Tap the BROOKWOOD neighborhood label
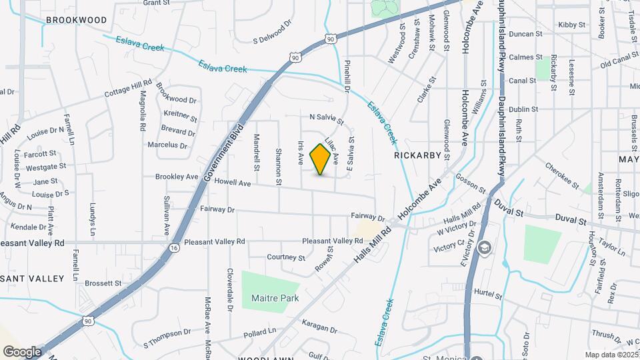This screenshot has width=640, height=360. (x=75, y=20)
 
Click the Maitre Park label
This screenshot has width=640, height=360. (x=275, y=298)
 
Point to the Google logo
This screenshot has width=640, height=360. (x=21, y=351)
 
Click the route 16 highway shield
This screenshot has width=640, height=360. (x=174, y=247)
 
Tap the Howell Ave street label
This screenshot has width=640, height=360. (x=233, y=183)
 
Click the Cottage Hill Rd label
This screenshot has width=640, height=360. (x=129, y=89)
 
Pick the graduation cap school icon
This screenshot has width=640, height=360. (x=485, y=248)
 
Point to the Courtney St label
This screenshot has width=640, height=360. (x=285, y=257)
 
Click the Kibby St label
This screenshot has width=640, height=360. (x=571, y=25)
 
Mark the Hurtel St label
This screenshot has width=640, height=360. (x=488, y=292)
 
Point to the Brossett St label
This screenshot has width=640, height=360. (x=103, y=283)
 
